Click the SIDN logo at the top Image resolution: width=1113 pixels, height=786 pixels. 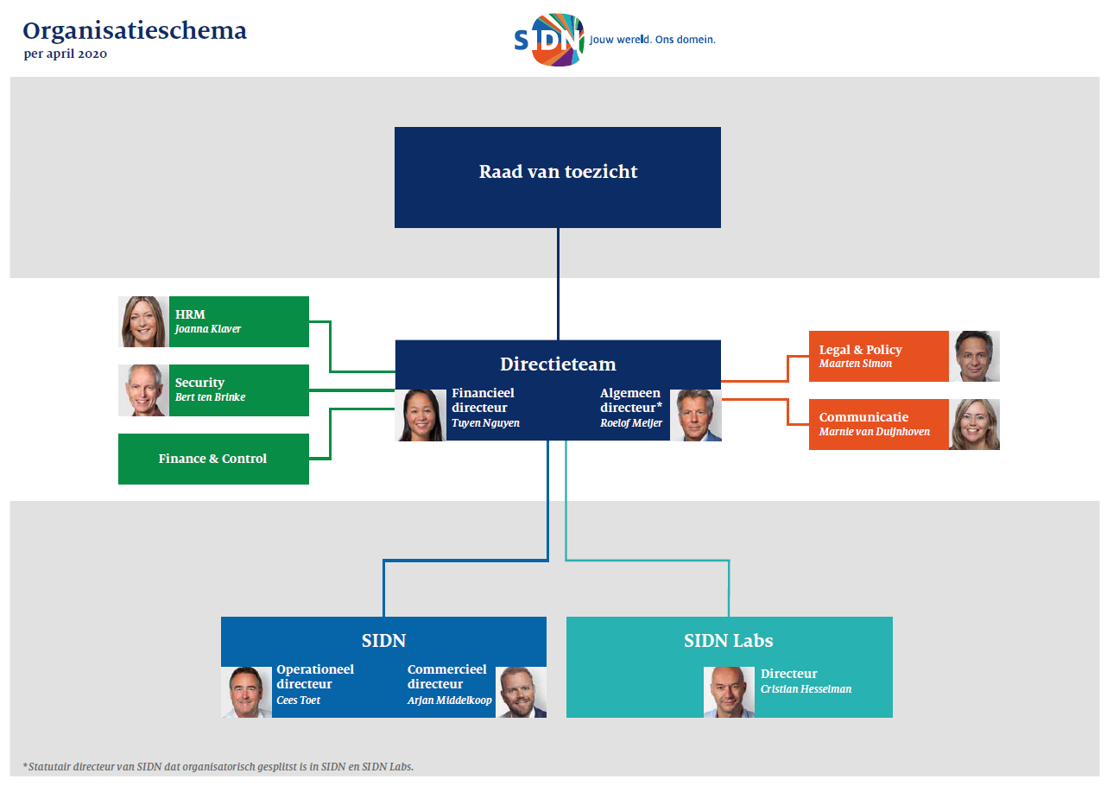[549, 40]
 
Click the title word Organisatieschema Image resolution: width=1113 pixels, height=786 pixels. [135, 31]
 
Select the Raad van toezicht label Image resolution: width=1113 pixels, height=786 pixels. [558, 172]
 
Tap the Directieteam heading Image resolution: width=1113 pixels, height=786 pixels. [558, 364]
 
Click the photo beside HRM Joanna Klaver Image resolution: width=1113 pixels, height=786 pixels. [143, 321]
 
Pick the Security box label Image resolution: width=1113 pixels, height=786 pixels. [199, 383]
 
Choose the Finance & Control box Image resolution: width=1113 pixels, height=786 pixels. [213, 459]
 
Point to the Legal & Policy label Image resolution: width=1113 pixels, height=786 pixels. [861, 350]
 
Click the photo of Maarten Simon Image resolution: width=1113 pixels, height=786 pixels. [974, 356]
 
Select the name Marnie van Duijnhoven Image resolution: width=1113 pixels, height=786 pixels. [874, 432]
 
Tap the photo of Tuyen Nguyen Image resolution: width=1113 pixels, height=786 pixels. [421, 415]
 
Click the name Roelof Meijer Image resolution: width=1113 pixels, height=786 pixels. [631, 423]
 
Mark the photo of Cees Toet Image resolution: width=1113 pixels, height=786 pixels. [246, 692]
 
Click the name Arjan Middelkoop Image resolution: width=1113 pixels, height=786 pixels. [449, 700]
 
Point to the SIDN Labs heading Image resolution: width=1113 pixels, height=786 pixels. [729, 640]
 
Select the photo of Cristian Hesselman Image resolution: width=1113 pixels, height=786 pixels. [729, 692]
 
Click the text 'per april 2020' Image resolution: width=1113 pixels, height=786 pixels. [65, 54]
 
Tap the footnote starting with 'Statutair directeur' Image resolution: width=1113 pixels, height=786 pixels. [218, 767]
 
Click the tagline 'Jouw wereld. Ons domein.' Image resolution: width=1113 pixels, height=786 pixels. [653, 40]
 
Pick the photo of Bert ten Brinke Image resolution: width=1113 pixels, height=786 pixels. [143, 390]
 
